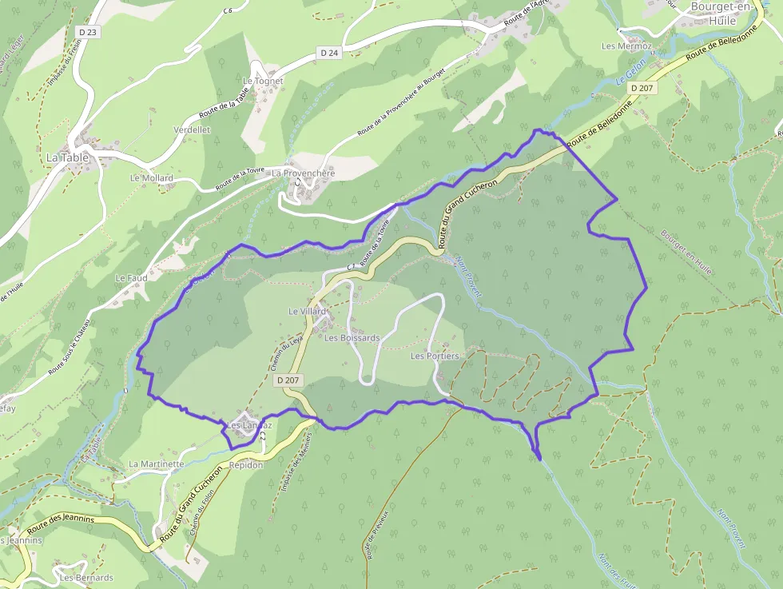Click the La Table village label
pos(66,157)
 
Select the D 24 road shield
pos(329,53)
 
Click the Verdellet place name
pos(192,129)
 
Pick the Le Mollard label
pos(151,178)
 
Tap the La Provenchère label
pos(303,173)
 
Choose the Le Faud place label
pos(131,278)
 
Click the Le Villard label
pos(308,311)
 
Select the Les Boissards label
pos(352,338)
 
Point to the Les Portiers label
pos(435,356)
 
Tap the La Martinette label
pos(157,464)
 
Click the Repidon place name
pos(246,464)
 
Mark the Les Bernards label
pos(86,577)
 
